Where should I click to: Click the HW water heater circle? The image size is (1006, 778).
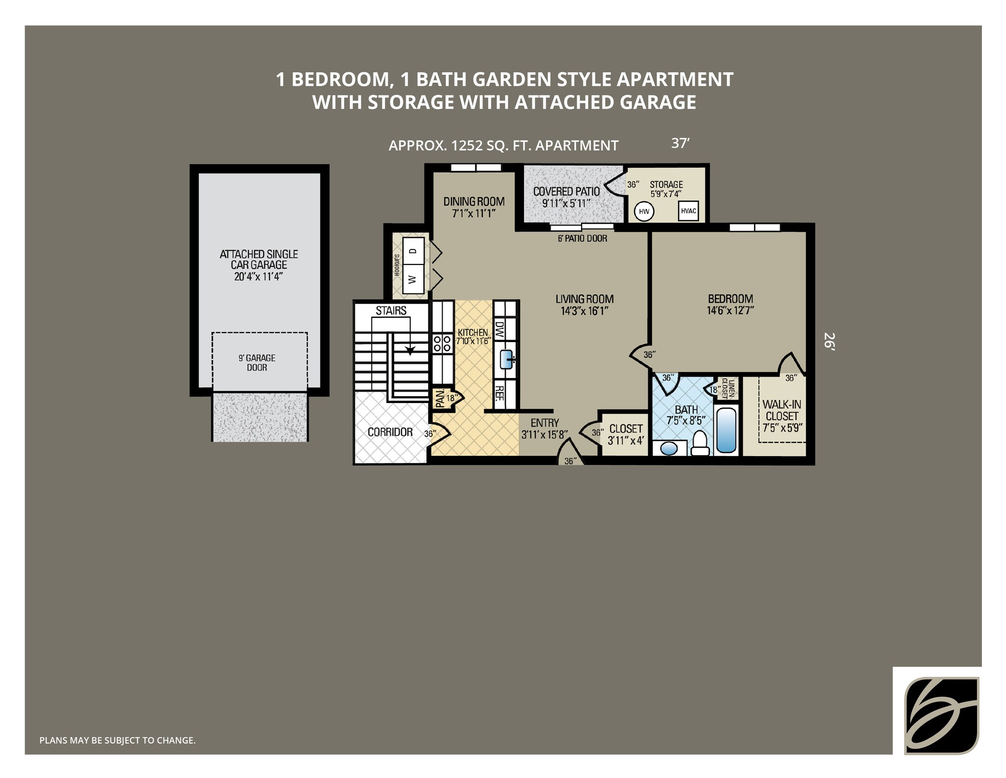tap(644, 212)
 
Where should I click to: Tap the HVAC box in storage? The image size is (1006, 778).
tap(688, 211)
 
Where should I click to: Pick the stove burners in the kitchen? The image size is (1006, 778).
tap(442, 343)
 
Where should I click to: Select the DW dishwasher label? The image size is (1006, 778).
tap(499, 329)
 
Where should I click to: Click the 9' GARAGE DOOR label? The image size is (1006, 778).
tap(257, 363)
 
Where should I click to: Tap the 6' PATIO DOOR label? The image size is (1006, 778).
tap(582, 238)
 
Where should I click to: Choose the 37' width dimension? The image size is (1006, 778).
tap(681, 144)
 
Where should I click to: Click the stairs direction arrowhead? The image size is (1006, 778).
tap(410, 350)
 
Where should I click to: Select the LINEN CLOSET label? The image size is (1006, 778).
tap(728, 388)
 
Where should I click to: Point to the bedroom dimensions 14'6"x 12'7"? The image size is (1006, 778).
tap(730, 310)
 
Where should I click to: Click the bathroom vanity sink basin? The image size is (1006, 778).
tap(668, 449)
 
